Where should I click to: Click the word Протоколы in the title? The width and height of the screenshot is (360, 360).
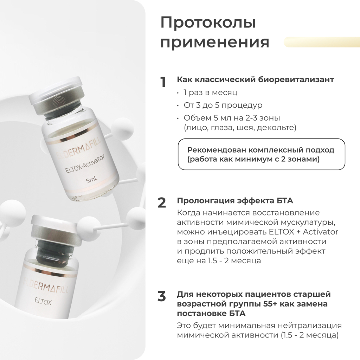tap(208, 23)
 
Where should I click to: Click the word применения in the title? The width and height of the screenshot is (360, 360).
tap(215, 43)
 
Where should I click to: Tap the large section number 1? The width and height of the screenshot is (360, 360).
tap(163, 82)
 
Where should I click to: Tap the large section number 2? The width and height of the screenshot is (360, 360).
tap(162, 203)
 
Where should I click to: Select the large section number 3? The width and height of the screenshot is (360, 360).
tap(162, 296)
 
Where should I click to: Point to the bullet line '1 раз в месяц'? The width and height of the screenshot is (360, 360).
tap(210, 93)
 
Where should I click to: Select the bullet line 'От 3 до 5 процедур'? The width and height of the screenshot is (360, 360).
tap(223, 105)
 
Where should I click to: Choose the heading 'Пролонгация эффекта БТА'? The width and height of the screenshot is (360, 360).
tap(235, 201)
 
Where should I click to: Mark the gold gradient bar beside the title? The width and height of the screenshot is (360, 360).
tap(321, 42)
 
